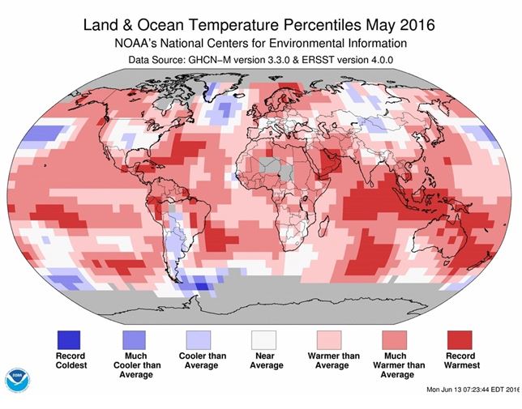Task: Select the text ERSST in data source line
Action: click(323, 60)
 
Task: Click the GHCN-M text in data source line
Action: click(208, 60)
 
